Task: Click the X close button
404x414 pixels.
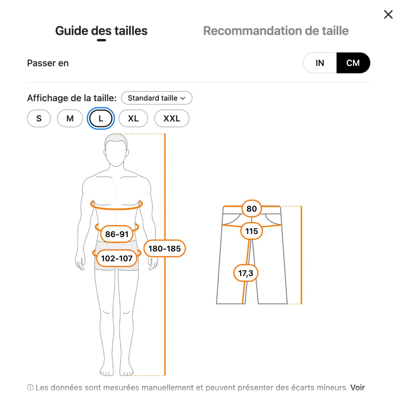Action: pyautogui.click(x=388, y=14)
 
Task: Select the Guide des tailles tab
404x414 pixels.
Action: pyautogui.click(x=101, y=31)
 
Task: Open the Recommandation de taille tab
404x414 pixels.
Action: pyautogui.click(x=276, y=31)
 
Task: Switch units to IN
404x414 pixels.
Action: pyautogui.click(x=319, y=63)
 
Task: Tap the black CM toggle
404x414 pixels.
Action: pyautogui.click(x=353, y=63)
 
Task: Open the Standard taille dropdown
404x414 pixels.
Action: pyautogui.click(x=157, y=98)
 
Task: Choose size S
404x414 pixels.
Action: pyautogui.click(x=39, y=118)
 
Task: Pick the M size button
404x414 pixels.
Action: pyautogui.click(x=70, y=118)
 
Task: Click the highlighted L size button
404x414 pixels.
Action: pyautogui.click(x=101, y=118)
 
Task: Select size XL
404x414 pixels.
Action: pyautogui.click(x=133, y=118)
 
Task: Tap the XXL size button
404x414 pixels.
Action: pyautogui.click(x=172, y=118)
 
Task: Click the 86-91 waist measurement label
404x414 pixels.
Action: pyautogui.click(x=117, y=234)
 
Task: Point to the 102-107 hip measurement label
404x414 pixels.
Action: pyautogui.click(x=117, y=258)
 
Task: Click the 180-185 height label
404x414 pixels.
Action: pyautogui.click(x=165, y=248)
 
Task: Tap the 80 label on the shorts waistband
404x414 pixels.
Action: pyautogui.click(x=252, y=209)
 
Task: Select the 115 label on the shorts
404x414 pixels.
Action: pyautogui.click(x=252, y=231)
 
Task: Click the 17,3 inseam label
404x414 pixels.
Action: pyautogui.click(x=246, y=273)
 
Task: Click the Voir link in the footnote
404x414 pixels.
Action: pyautogui.click(x=358, y=388)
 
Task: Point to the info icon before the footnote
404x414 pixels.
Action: pyautogui.click(x=30, y=388)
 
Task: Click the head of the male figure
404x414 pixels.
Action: pyautogui.click(x=116, y=150)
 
